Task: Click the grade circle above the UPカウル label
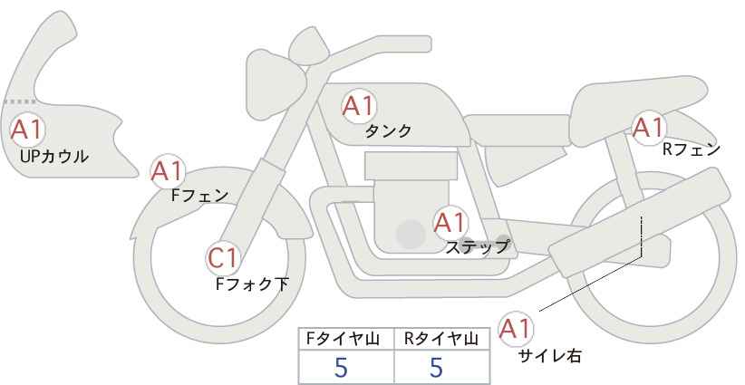click(26, 129)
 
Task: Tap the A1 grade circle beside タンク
click(358, 106)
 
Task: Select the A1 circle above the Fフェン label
click(167, 169)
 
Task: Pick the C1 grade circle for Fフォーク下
click(222, 259)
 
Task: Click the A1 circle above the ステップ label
click(450, 221)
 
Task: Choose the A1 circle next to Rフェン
click(648, 128)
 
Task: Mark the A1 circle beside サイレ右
click(516, 328)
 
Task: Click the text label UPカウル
click(53, 157)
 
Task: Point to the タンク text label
click(388, 131)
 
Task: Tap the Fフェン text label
click(199, 195)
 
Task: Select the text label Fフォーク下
click(252, 284)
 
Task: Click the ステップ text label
click(477, 245)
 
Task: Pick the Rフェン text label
click(692, 149)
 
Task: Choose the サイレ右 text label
click(549, 356)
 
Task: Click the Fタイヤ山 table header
click(346, 339)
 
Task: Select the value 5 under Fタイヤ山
click(341, 367)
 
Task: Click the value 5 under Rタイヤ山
click(436, 367)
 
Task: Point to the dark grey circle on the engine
click(411, 235)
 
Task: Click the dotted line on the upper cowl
click(19, 101)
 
